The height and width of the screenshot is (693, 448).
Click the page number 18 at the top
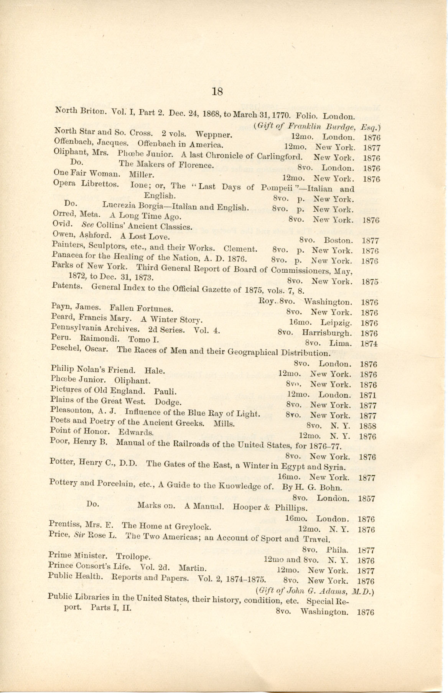217,91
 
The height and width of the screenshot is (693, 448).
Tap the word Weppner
213,135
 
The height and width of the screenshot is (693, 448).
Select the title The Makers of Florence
166,165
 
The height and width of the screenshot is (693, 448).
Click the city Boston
338,240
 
